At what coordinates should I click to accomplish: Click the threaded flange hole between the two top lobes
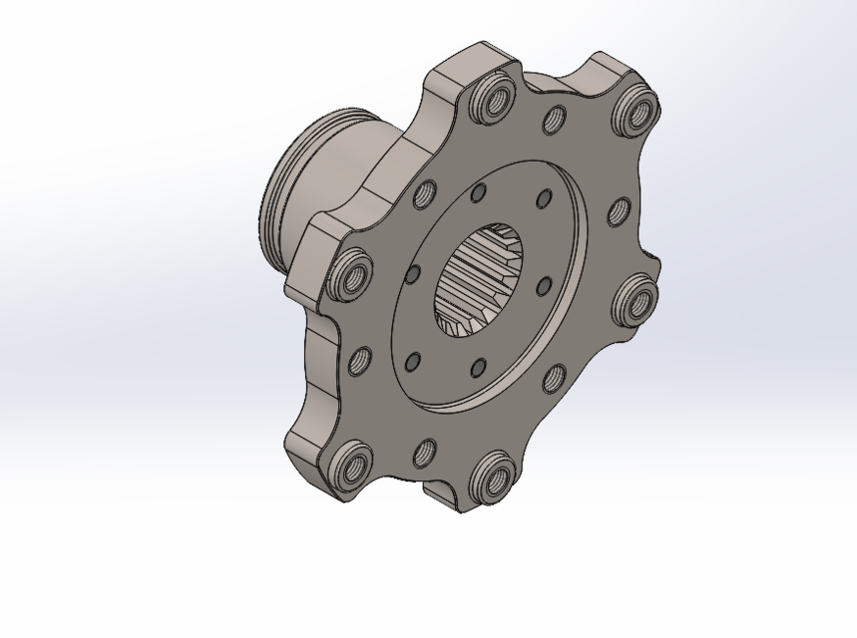pos(555,120)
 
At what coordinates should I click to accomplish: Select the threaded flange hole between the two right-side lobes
pos(619,211)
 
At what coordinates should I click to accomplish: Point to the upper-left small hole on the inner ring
pos(478,192)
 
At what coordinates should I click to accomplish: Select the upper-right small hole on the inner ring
pos(543,198)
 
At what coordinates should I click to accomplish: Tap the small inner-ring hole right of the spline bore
pos(544,287)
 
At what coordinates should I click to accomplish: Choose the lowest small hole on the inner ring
pos(478,368)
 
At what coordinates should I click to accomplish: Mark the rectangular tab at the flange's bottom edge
pos(444,493)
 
